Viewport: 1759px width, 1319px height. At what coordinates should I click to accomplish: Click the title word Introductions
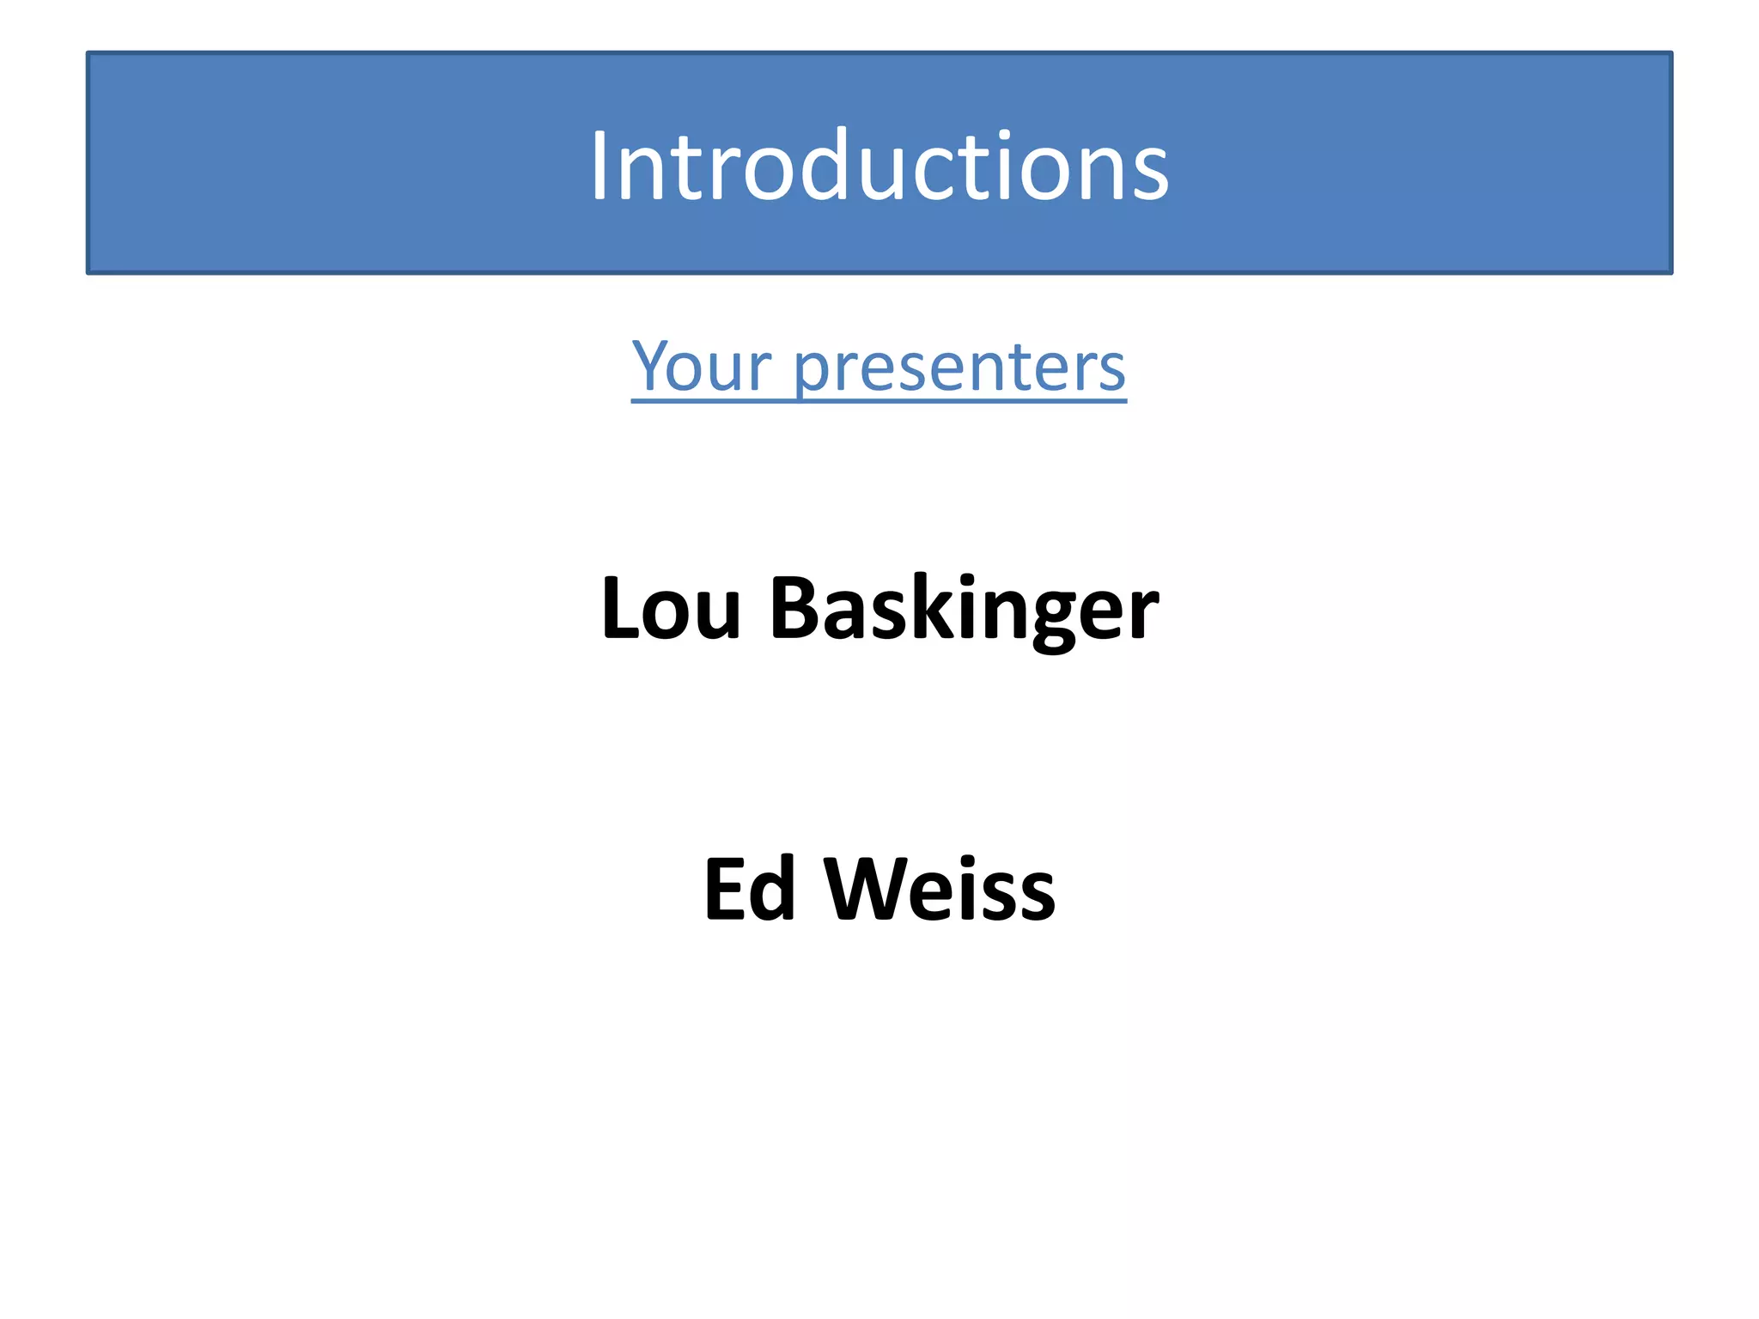click(x=879, y=165)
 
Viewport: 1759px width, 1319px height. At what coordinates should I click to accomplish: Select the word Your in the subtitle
click(x=702, y=367)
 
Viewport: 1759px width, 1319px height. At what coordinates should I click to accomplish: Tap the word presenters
click(x=959, y=369)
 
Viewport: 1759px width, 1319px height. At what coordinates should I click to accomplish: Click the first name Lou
click(x=670, y=608)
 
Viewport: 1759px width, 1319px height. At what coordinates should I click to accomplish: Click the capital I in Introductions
click(x=599, y=165)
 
